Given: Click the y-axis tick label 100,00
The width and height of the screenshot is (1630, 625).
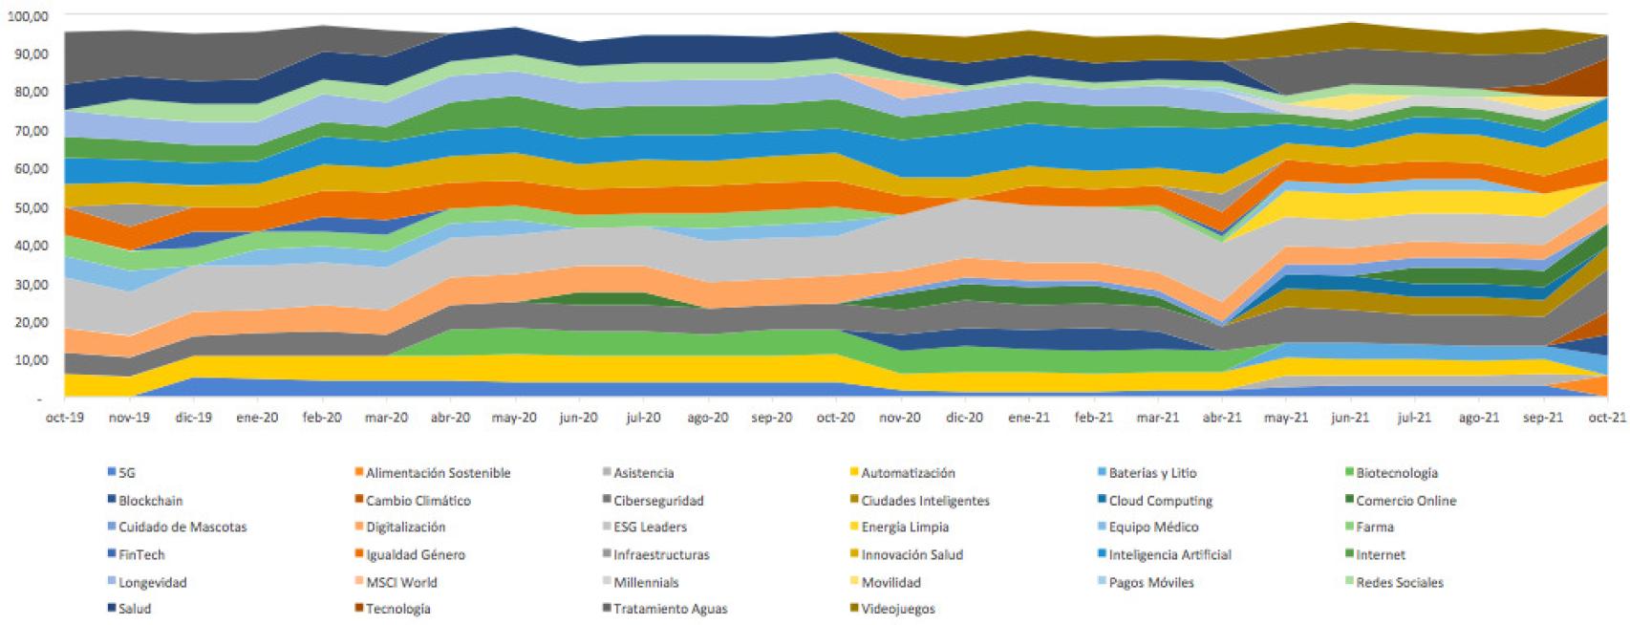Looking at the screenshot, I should click(28, 16).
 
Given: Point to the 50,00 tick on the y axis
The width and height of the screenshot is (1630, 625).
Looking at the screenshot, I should click(31, 206).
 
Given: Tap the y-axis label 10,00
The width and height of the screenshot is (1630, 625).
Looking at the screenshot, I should click(31, 360).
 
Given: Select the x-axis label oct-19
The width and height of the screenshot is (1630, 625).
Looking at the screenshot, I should click(64, 418).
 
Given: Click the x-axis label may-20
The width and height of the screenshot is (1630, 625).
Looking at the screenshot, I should click(514, 418).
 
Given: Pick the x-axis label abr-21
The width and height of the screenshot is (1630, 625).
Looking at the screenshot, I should click(1222, 418).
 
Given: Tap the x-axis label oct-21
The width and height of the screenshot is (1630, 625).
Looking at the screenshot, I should click(1606, 418).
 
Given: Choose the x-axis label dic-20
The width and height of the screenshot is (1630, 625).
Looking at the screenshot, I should click(964, 418).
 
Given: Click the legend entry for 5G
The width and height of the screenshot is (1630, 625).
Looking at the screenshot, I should click(126, 473).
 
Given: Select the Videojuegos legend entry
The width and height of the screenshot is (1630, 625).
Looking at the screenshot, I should click(897, 609).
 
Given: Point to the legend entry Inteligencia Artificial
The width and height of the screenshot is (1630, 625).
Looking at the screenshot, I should click(1169, 554).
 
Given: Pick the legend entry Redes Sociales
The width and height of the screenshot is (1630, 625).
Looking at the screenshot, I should click(1399, 582).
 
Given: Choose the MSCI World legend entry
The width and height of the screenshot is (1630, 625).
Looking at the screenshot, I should click(400, 582).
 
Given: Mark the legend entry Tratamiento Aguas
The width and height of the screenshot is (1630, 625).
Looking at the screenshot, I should click(670, 609).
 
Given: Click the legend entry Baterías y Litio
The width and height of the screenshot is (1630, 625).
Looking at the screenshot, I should click(1151, 473).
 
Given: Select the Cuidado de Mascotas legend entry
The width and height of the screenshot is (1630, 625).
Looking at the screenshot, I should click(182, 528).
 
